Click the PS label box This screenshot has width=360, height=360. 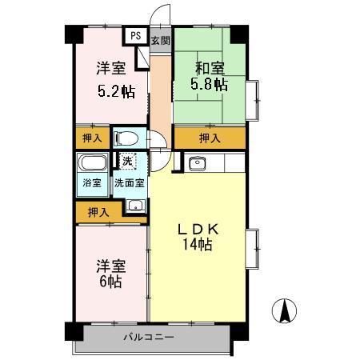coord(135,37)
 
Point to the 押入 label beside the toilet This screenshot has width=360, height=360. coord(92,138)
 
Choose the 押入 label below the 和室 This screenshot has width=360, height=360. coord(210,138)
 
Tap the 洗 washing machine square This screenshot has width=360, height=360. coord(126,161)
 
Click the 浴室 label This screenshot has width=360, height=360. coord(91,182)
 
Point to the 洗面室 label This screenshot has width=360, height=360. coord(128,182)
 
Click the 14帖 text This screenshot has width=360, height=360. coord(197,246)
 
